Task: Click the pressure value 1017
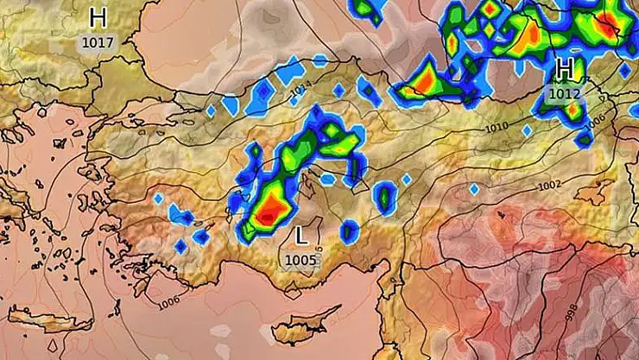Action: click(98, 41)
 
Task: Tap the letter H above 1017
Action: click(98, 18)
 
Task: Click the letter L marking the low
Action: click(301, 235)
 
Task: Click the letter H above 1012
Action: click(566, 68)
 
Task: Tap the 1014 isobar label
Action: click(301, 88)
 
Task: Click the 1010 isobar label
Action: click(497, 128)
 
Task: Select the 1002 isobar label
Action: click(549, 186)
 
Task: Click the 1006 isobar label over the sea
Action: click(170, 302)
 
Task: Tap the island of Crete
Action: click(62, 323)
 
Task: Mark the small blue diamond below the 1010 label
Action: click(527, 130)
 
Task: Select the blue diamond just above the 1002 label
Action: click(473, 189)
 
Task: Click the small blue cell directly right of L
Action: click(349, 231)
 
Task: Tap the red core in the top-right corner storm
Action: click(611, 26)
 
